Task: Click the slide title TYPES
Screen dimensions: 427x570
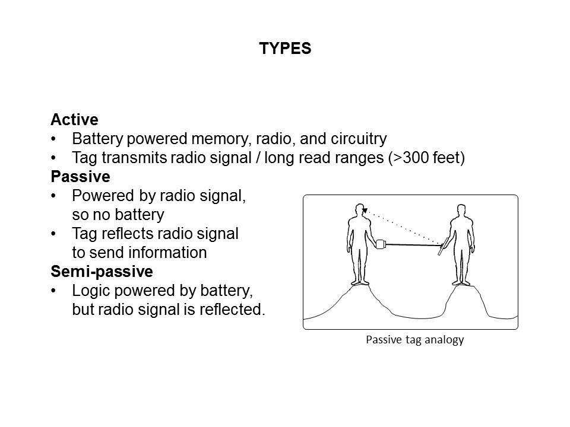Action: point(285,49)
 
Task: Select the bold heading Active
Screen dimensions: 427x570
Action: point(74,120)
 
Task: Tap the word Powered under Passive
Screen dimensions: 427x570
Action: point(97,196)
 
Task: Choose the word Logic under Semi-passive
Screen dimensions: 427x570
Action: point(88,291)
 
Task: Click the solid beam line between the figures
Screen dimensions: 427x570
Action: point(413,244)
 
